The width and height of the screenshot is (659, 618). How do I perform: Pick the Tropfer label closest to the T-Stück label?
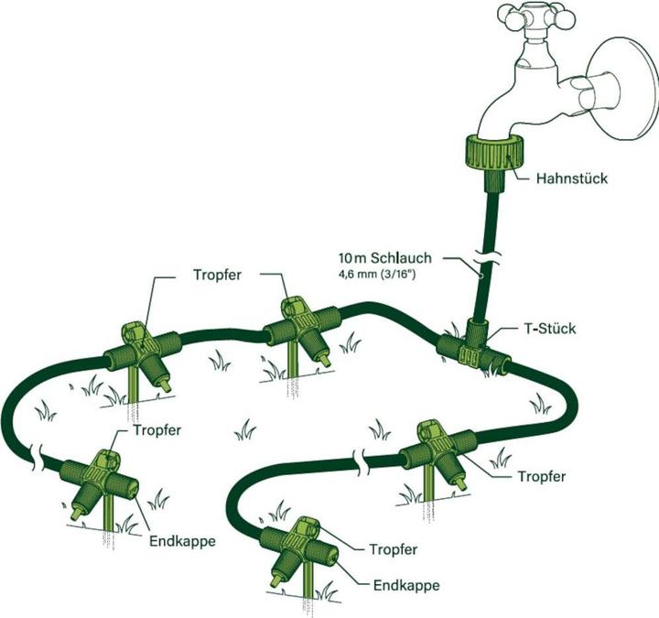click(542, 476)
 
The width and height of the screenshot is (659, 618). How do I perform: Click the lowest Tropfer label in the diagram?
click(393, 550)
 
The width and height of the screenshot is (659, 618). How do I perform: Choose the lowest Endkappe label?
click(406, 585)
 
